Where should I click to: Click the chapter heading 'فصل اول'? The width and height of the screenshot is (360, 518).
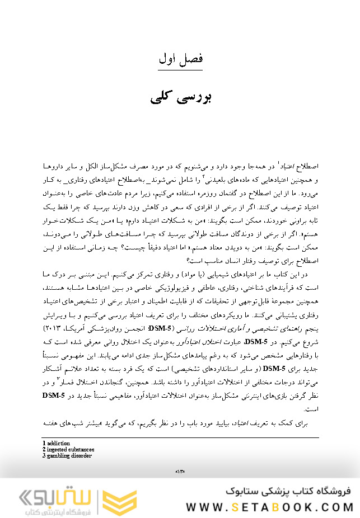coord(180,58)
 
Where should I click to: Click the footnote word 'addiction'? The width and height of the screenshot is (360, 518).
coord(58,443)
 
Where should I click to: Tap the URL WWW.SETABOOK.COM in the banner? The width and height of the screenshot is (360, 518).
coord(269,507)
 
